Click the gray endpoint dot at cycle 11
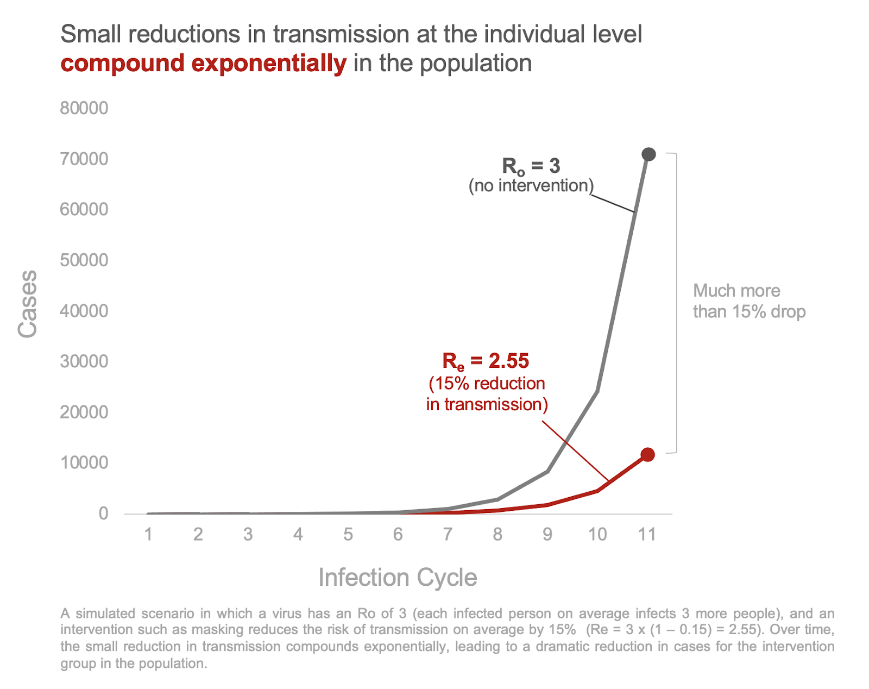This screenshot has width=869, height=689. coord(648,154)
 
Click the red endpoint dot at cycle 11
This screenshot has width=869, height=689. coord(647,455)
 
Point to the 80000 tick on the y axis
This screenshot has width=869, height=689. coord(84,108)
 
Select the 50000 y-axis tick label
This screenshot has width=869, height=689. coord(84,260)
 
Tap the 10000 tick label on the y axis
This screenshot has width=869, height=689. coord(84,463)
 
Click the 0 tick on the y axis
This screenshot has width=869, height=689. coord(103,513)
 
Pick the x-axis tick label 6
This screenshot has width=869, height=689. coord(398,535)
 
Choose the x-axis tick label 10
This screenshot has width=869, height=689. coord(597,535)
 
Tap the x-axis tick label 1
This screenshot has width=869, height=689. coord(148,535)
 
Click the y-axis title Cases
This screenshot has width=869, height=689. coord(27,304)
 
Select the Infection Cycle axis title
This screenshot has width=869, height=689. coord(398,577)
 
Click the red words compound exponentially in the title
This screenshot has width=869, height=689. coord(203,64)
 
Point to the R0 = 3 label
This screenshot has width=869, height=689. coord(531,166)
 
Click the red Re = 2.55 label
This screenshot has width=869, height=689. coord(486,361)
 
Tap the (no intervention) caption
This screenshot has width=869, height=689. coord(531,186)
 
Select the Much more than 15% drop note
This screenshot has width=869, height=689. coord(748,301)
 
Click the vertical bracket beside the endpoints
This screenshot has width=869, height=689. coord(676,303)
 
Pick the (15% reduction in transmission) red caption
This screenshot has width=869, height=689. coord(487,394)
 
